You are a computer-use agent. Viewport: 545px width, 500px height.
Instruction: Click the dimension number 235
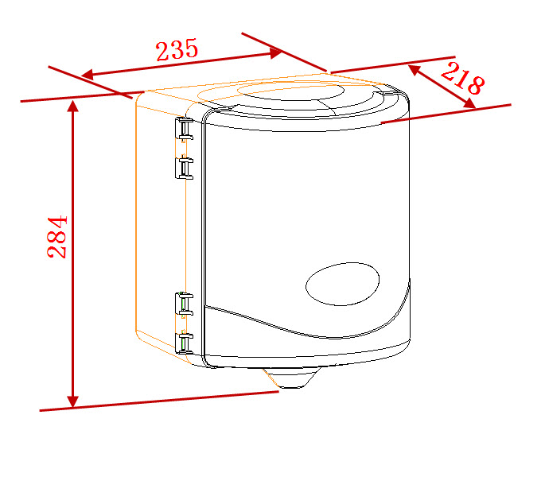177,50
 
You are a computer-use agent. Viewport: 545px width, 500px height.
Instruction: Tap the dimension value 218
462,79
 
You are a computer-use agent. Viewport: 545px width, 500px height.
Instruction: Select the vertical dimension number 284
57,237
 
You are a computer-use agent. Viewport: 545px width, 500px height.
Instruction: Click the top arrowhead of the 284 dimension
72,106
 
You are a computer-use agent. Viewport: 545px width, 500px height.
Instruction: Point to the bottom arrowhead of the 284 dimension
72,401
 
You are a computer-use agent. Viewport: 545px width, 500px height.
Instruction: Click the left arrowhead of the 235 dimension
88,75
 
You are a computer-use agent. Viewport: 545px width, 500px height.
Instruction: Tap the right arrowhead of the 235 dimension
275,52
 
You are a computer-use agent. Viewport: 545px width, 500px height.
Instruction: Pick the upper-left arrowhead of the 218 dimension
414,70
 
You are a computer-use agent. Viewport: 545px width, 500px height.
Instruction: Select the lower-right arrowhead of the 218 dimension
470,103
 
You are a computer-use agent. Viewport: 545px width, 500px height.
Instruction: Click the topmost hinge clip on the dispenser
184,129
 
